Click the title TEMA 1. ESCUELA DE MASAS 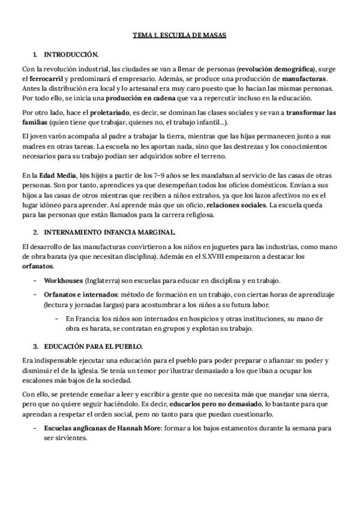[179, 36]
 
